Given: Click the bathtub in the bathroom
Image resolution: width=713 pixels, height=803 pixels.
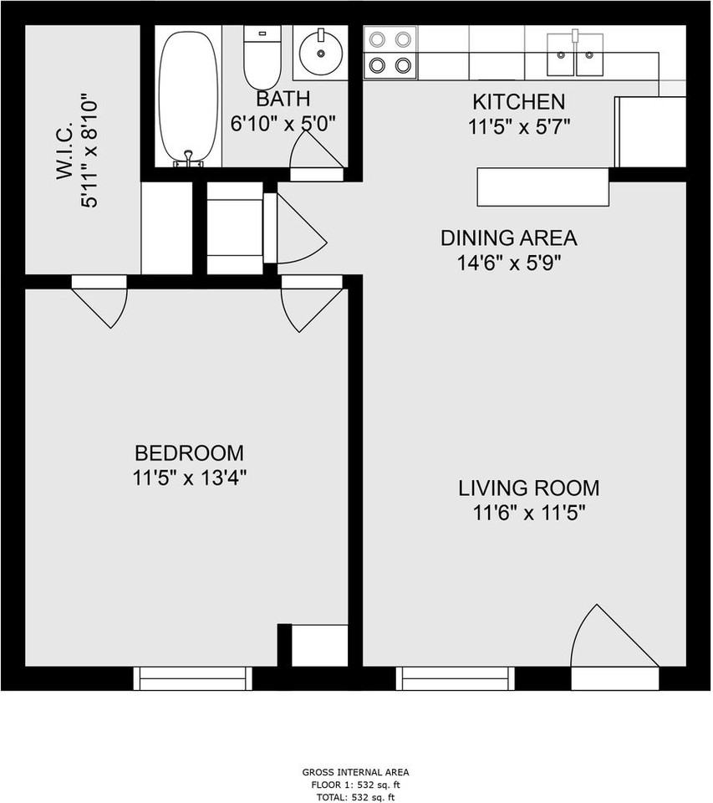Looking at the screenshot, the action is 188,96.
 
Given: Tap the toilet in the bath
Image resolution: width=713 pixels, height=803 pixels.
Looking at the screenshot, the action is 262,59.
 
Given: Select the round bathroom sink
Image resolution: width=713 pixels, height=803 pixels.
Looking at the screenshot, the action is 320,53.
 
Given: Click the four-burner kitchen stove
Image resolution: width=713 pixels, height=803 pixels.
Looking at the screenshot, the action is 390,52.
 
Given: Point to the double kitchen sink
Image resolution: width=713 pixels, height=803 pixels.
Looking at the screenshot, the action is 575,55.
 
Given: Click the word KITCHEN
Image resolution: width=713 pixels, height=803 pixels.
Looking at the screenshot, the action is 518,102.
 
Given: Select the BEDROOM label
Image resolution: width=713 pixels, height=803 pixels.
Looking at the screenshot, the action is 190,453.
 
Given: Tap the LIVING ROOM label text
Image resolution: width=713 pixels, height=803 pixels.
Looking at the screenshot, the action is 529,488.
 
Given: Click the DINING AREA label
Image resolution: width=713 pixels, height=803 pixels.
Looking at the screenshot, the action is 509,238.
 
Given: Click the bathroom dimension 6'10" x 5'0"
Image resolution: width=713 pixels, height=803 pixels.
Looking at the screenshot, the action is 283,124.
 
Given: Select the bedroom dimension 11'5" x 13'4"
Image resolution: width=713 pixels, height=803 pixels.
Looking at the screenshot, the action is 190,478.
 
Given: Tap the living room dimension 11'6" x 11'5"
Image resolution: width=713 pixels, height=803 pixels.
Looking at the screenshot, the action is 529,513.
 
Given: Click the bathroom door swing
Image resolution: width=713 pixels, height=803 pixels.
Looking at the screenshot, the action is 316,155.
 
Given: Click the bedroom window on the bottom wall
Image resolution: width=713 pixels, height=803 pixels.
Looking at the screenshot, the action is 193,678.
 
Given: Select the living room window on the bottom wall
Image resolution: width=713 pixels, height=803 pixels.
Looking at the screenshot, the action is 455,678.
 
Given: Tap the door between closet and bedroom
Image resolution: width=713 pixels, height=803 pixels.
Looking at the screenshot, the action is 99,301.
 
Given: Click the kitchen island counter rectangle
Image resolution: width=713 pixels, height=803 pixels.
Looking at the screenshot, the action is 543,187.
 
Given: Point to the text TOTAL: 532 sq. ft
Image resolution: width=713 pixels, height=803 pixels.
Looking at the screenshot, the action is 356,797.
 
